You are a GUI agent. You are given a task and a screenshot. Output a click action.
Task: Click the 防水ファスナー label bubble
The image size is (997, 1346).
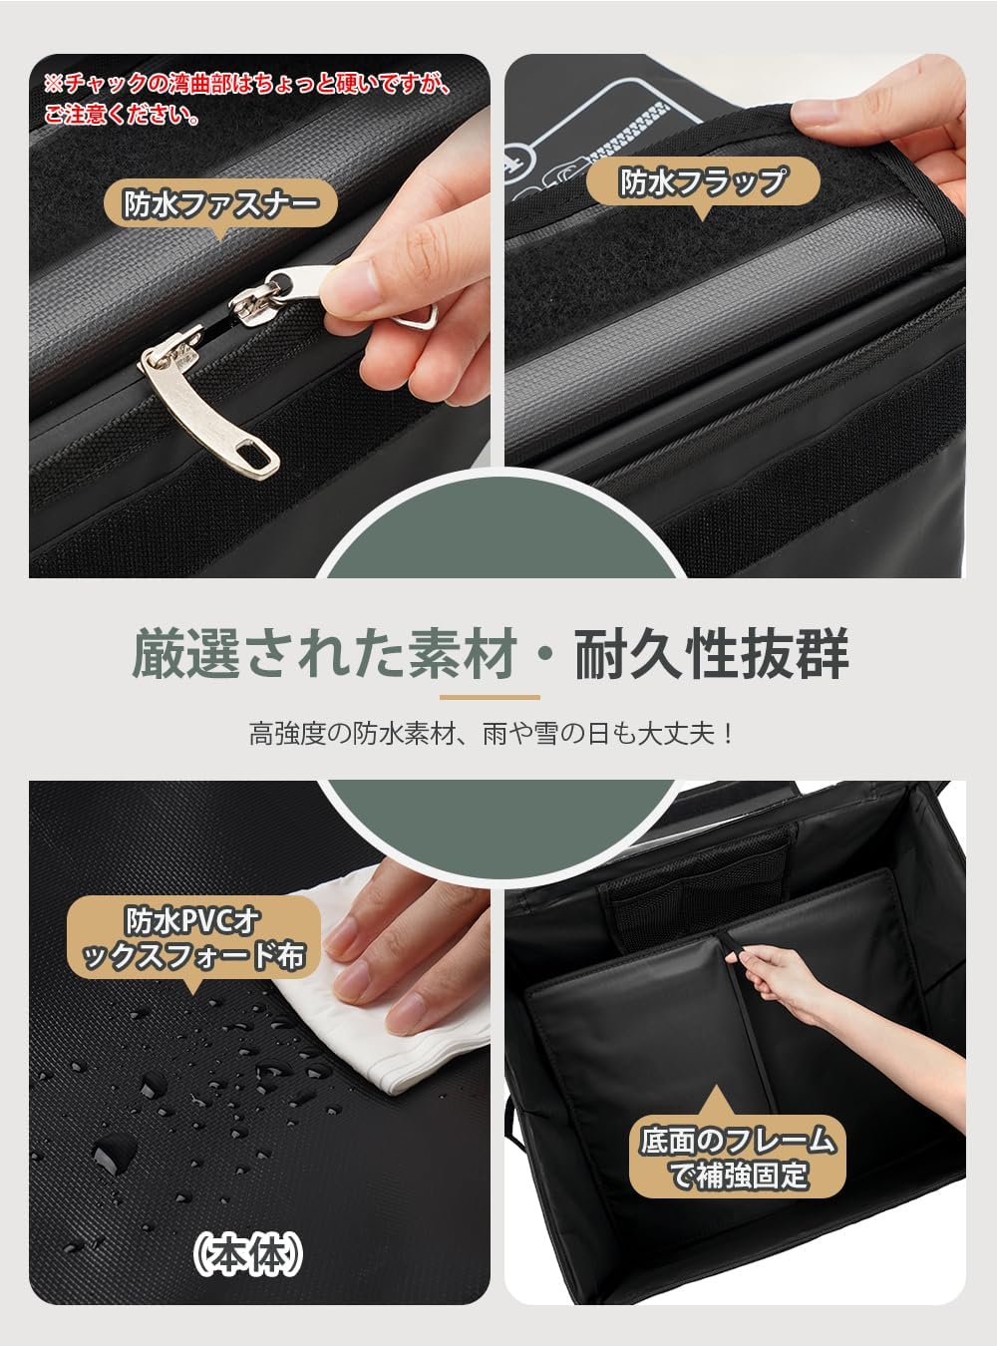pos(221,204)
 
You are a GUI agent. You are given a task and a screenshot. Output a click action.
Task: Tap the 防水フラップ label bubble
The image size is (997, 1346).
pos(703,182)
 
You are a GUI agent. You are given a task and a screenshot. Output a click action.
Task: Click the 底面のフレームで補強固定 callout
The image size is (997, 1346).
pos(738,1157)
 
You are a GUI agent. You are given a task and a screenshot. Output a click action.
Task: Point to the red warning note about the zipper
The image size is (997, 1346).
pos(244,98)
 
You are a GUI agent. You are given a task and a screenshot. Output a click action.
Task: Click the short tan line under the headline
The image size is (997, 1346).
pos(490,697)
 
